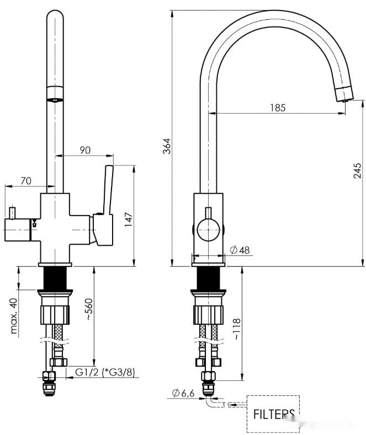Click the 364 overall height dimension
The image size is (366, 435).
pos(167,145)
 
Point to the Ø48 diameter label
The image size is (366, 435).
pos(240,250)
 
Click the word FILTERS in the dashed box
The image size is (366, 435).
pos(273,413)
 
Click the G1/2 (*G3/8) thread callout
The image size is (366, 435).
pos(105,372)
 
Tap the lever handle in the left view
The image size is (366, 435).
pos(107,190)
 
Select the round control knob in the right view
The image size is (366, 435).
pos(208,228)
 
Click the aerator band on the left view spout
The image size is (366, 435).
pos(54,93)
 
